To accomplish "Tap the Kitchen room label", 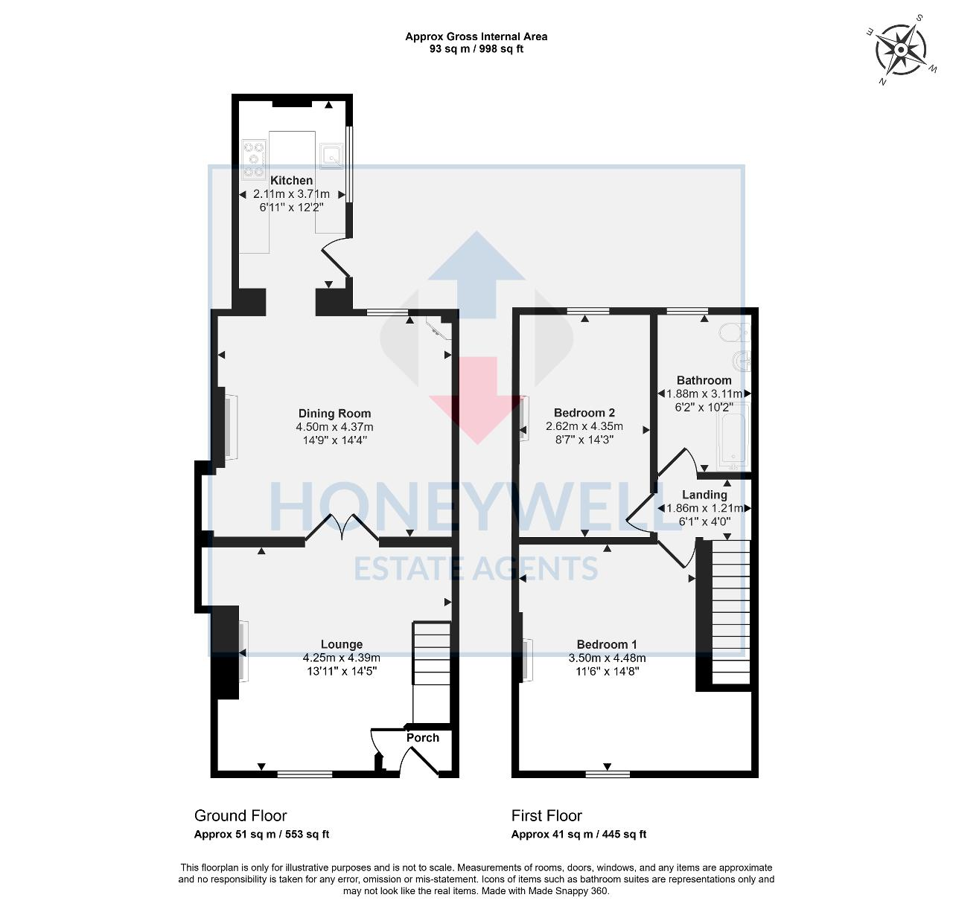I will (x=291, y=181).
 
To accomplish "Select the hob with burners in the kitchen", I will (x=254, y=159).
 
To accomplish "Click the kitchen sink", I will (x=331, y=155).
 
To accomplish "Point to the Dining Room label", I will (x=334, y=414).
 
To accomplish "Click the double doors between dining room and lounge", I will (x=342, y=529).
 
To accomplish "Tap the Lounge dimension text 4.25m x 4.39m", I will (x=341, y=658).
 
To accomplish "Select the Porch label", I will (x=422, y=738).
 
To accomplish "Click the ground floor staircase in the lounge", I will (x=432, y=655).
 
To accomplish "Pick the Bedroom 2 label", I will (x=584, y=413).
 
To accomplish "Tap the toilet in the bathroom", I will (x=733, y=332).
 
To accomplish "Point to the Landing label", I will (x=704, y=495).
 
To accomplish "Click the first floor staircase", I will (x=730, y=610).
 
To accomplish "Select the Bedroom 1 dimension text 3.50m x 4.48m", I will (x=607, y=658).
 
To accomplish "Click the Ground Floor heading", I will (x=240, y=816).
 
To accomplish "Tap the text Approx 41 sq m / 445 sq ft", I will (x=579, y=835).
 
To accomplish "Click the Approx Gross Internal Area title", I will (x=476, y=36).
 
